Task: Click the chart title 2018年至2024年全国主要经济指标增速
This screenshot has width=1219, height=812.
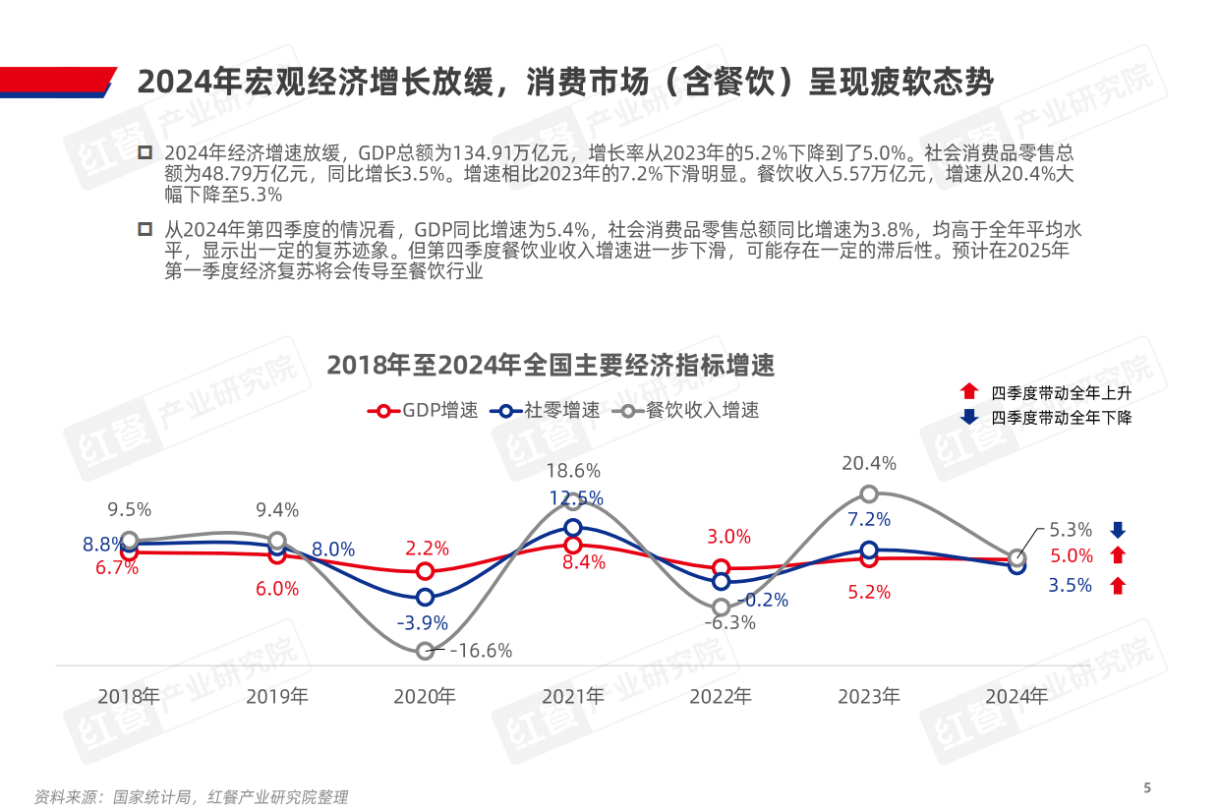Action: click(551, 366)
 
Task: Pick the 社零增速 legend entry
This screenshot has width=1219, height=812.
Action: click(550, 411)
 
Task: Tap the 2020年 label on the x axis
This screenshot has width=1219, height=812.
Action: click(425, 697)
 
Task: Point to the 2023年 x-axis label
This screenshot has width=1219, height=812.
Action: click(868, 697)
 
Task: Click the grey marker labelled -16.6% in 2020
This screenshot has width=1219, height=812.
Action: click(425, 651)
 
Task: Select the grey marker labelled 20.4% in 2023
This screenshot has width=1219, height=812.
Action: click(869, 493)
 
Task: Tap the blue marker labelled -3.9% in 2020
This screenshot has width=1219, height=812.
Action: click(425, 597)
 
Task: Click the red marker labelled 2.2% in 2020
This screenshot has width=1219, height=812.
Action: click(425, 571)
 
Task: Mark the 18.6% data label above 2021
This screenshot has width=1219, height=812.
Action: click(573, 471)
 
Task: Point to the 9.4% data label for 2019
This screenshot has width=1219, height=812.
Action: click(277, 510)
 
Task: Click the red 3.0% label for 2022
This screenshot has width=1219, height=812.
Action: click(728, 537)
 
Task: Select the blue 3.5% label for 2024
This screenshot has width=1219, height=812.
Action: click(1071, 586)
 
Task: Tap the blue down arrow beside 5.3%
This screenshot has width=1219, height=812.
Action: click(1117, 530)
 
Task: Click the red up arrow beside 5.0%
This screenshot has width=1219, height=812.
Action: click(1117, 556)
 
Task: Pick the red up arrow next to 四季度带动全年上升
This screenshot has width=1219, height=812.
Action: click(969, 391)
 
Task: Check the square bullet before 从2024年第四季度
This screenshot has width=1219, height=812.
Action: click(145, 229)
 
